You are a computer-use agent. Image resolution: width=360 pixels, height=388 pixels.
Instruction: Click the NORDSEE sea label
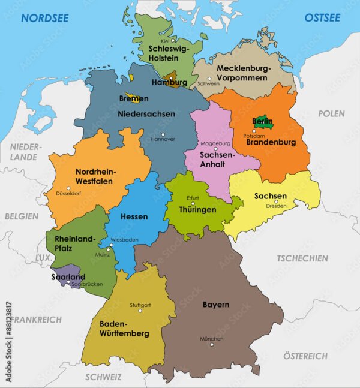[46, 17]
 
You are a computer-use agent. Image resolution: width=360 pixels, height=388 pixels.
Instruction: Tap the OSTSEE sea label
[322, 17]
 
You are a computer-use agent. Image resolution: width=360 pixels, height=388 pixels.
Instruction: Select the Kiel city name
[164, 41]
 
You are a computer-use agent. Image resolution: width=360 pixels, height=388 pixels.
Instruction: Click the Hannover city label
[163, 139]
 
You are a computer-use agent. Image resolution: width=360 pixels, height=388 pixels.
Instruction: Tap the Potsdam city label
[254, 136]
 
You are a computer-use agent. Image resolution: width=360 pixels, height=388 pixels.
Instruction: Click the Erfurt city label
[193, 198]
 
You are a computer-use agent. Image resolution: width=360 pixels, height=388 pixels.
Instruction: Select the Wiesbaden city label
[124, 240]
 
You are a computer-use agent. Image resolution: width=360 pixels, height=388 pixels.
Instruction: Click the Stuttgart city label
[140, 305]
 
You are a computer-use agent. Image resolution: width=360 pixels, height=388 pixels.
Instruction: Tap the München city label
[212, 339]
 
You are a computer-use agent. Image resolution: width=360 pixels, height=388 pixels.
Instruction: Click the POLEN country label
[331, 113]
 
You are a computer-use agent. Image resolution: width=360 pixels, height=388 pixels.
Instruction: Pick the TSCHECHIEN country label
[302, 258]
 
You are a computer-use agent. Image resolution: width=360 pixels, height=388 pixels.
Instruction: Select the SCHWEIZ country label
[103, 377]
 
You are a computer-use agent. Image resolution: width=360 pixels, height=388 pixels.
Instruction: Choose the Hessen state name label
[134, 216]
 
